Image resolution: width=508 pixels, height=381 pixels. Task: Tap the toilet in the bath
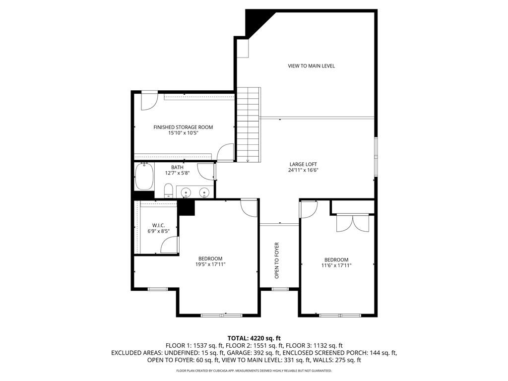click(169, 190)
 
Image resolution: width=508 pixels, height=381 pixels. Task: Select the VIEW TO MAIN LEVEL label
click(312, 66)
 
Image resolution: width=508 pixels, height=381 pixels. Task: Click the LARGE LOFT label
click(303, 164)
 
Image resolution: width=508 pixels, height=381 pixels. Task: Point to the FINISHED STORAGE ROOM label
click(183, 127)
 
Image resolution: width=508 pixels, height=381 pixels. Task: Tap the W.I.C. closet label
click(159, 225)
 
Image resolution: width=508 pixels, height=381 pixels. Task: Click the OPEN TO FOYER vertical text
click(277, 260)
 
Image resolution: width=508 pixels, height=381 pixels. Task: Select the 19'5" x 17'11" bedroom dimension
click(210, 264)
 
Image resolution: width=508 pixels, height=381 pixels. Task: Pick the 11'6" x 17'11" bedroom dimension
click(336, 265)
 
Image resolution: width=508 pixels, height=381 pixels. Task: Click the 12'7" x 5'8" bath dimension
click(177, 173)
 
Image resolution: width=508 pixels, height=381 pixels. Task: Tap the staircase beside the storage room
click(248, 125)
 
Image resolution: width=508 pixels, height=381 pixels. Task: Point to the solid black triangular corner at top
click(256, 21)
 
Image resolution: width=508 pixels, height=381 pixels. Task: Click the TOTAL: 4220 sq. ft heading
click(254, 339)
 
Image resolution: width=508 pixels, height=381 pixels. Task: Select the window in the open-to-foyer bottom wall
click(280, 289)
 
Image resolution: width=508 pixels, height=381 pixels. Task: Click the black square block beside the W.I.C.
click(186, 207)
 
